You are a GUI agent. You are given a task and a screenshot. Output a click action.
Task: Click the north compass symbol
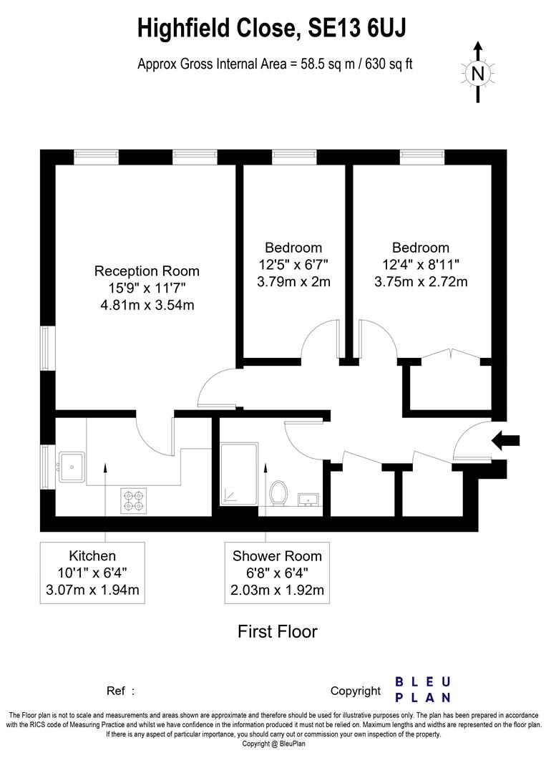(478, 72)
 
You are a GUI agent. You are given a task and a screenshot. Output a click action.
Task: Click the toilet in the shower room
(278, 493)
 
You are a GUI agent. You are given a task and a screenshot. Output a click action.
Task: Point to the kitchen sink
(72, 467)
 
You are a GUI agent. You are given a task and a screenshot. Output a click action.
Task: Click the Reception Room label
(147, 271)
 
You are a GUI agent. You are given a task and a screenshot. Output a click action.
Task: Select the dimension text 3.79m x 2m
(293, 281)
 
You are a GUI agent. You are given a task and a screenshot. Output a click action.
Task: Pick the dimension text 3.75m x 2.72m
(421, 281)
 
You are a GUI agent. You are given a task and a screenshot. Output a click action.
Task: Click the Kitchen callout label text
(92, 556)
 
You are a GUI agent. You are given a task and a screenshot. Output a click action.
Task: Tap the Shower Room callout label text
(277, 556)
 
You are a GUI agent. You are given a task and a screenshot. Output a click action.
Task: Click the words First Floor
(277, 631)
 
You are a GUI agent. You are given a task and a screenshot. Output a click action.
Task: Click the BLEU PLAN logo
(423, 689)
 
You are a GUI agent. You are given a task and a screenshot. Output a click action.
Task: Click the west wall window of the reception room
(47, 349)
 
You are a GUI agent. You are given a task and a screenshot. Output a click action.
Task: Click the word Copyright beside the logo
(356, 691)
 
